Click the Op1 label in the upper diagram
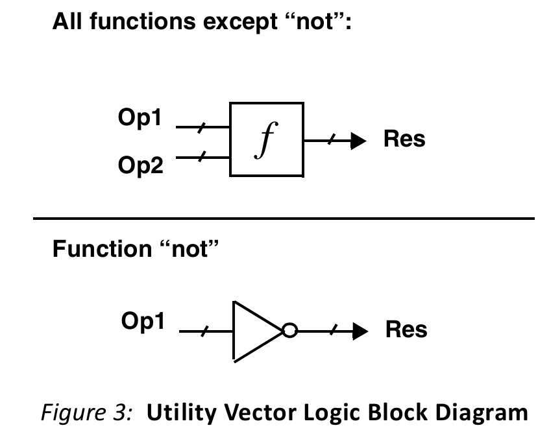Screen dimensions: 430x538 140,119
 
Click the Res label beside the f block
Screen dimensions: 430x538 404,139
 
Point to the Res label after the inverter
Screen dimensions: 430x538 406,330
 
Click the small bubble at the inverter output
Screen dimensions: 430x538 289,331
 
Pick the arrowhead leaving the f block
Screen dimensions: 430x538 360,140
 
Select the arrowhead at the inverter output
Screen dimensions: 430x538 361,331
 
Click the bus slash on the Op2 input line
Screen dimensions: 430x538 200,156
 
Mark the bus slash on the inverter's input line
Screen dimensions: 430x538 203,331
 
